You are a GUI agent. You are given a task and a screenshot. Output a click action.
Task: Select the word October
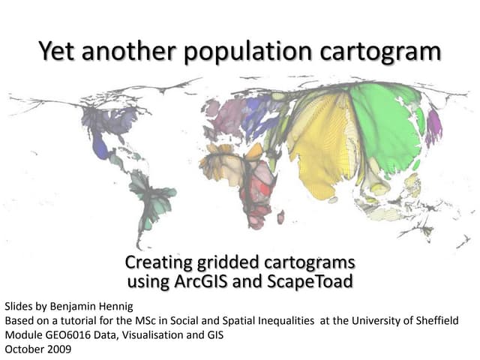click(23, 349)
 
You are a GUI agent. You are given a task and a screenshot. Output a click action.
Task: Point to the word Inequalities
click(281, 321)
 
